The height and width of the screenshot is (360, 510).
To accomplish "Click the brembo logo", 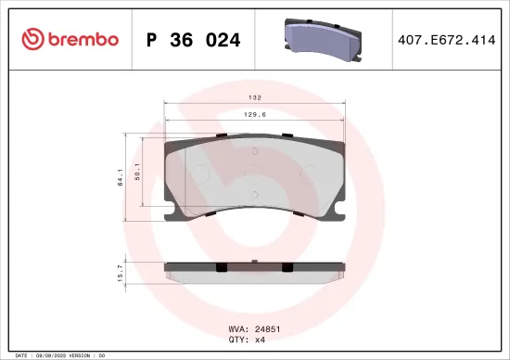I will [x=70, y=39].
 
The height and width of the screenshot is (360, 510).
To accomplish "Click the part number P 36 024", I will [x=194, y=40].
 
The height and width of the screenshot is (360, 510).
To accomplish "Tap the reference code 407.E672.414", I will [x=445, y=40].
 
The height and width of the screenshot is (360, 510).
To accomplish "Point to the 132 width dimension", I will [x=254, y=97].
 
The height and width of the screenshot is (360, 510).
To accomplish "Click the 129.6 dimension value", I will [x=254, y=115].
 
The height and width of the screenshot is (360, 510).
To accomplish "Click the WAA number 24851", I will [x=266, y=328].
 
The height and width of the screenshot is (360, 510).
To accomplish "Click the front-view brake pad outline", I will [x=254, y=181].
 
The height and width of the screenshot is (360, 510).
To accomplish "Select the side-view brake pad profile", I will [x=254, y=270].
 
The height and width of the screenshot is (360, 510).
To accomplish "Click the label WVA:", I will [x=237, y=328].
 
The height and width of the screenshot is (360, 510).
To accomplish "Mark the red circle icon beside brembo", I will [x=32, y=39].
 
